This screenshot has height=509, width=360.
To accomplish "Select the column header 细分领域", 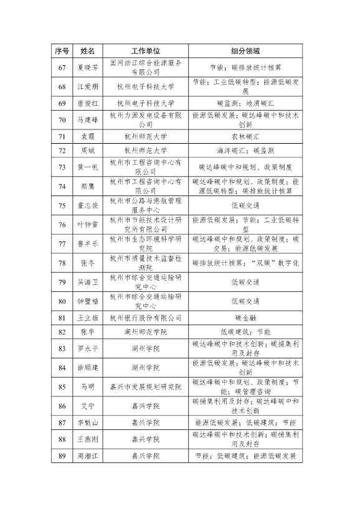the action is coord(245,51).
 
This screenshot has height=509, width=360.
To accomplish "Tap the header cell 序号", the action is coord(61,51).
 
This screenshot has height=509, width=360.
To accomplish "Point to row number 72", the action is coord(61,151).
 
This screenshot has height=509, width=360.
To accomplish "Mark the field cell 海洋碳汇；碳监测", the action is coord(245,151).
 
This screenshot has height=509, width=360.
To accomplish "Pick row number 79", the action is coord(61,284).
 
